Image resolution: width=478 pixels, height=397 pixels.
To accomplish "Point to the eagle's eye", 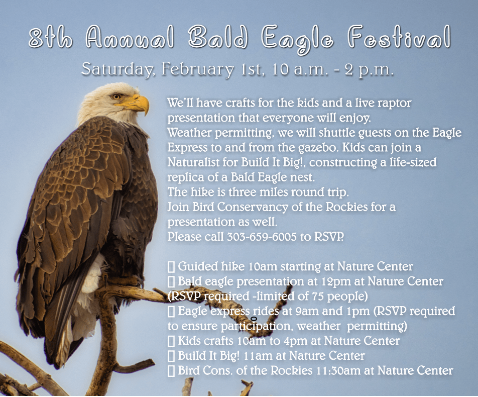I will coord(116,95).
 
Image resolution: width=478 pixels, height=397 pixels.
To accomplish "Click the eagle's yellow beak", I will coord(138,103).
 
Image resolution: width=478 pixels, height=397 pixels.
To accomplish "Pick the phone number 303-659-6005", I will coord(261,236).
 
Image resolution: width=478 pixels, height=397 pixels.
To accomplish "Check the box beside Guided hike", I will coord(172,266).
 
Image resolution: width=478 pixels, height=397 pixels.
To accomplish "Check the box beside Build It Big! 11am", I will coord(172,356).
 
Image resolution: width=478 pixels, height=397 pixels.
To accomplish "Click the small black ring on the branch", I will coord(254,319).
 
